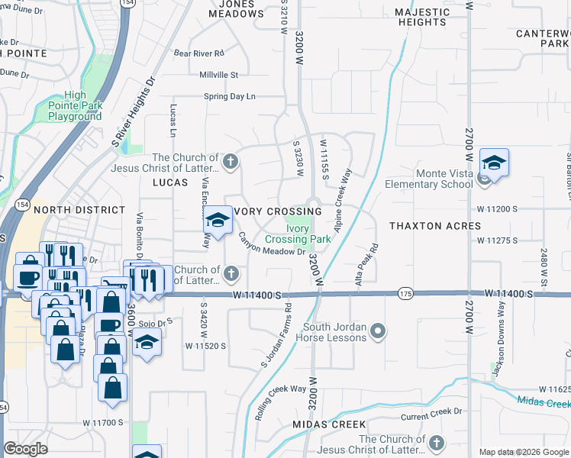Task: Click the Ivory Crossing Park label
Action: pos(298,234)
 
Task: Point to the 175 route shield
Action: pos(405,293)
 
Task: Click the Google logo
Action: pos(26,449)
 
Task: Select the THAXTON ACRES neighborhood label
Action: pos(435,226)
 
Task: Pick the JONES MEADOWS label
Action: pos(236,8)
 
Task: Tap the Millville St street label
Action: pos(219,75)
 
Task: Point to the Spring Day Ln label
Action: pos(229,97)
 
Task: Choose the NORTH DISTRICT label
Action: pos(79,210)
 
